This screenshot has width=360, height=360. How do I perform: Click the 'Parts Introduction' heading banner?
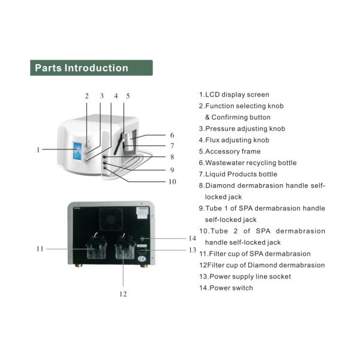[91, 68]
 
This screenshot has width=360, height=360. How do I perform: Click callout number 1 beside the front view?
[38, 150]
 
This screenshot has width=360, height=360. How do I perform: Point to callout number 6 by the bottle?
[172, 135]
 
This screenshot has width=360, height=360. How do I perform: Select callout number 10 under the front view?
[172, 181]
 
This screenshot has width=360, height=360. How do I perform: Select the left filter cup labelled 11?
[92, 250]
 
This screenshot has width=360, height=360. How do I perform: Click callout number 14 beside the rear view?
[192, 238]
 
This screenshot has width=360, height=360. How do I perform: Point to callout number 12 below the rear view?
[123, 294]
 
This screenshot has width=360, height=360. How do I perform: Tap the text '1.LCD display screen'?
[235, 95]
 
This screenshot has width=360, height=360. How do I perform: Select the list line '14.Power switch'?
[227, 288]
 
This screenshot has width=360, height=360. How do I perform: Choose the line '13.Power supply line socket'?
[245, 277]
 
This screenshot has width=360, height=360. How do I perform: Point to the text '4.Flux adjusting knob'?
[235, 140]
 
